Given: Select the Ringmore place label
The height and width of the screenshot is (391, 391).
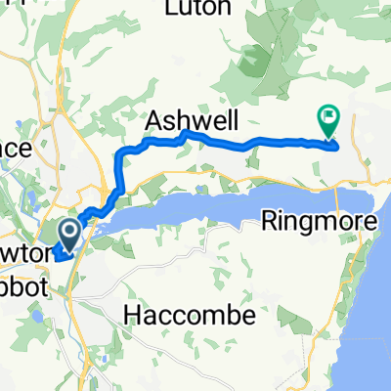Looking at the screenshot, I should coord(321,222).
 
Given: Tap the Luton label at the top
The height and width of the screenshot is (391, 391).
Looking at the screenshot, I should coord(198,9).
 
